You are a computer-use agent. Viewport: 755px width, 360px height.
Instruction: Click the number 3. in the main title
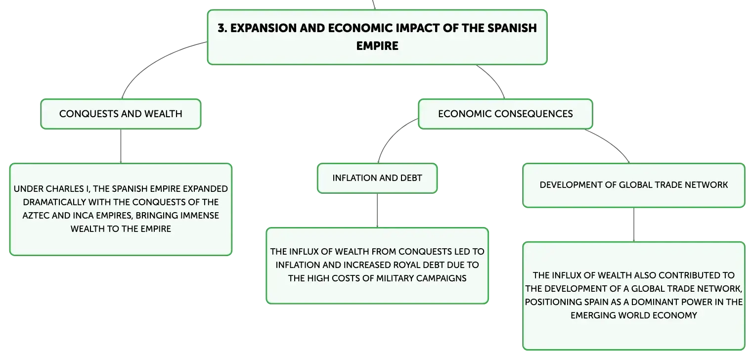tap(222, 28)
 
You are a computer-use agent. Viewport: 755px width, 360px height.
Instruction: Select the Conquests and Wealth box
tap(121, 114)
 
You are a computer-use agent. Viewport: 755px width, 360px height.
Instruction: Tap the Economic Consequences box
tap(505, 114)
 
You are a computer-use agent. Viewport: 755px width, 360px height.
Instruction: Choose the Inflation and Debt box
tap(377, 179)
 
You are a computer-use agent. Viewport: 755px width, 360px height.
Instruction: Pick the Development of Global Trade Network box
tap(634, 185)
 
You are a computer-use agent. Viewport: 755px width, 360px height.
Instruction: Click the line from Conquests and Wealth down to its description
tap(121, 146)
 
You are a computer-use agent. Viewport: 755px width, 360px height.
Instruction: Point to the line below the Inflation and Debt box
tap(377, 211)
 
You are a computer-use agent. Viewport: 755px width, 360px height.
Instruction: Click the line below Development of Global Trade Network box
tap(634, 225)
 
